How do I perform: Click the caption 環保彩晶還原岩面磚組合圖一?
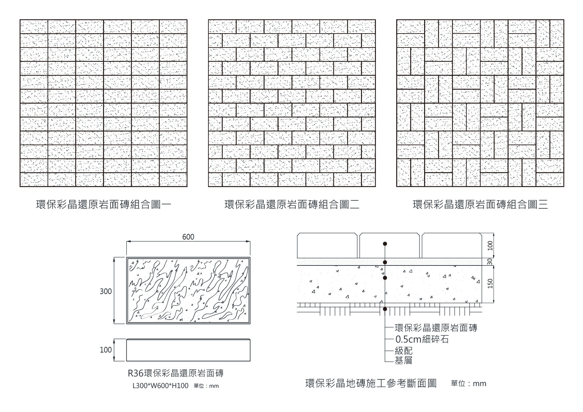pyautogui.click(x=103, y=204)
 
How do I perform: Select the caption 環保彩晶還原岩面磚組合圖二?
pyautogui.click(x=292, y=204)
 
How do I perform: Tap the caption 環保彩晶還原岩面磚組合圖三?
pyautogui.click(x=480, y=204)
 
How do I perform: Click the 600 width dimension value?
pyautogui.click(x=188, y=237)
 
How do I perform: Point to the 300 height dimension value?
pyautogui.click(x=106, y=291)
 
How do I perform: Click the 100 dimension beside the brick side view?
pyautogui.click(x=106, y=350)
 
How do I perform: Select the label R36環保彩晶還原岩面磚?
pyautogui.click(x=175, y=373)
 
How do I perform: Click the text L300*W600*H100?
pyautogui.click(x=161, y=386)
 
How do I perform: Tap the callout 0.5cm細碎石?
pyautogui.click(x=422, y=339)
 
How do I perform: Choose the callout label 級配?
pyautogui.click(x=404, y=351)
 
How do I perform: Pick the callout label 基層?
pyautogui.click(x=404, y=360)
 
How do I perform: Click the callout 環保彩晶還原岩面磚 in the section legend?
pyautogui.click(x=436, y=328)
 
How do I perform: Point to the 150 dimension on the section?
pyautogui.click(x=489, y=284)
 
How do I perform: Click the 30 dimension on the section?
pyautogui.click(x=489, y=262)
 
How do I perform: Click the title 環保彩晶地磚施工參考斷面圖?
pyautogui.click(x=371, y=383)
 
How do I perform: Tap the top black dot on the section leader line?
pyautogui.click(x=385, y=244)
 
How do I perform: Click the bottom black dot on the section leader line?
pyautogui.click(x=385, y=309)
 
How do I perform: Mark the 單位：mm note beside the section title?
pyautogui.click(x=468, y=384)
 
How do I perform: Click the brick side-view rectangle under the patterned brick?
pyautogui.click(x=188, y=350)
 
